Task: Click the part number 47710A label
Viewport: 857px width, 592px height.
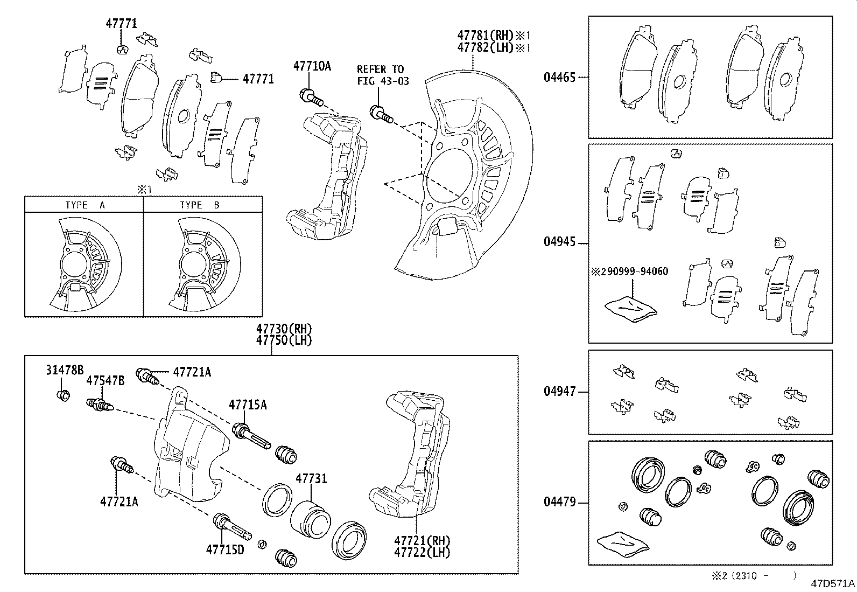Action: click(312, 66)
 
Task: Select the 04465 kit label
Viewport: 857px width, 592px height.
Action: click(559, 77)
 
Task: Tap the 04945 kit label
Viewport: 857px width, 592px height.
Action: click(559, 242)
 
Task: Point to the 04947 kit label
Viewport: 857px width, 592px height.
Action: click(559, 392)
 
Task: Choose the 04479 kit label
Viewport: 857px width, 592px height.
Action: click(559, 502)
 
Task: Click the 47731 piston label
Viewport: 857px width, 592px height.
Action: click(311, 478)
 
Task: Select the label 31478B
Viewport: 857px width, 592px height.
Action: click(65, 370)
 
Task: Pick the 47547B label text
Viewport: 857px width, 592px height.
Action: click(105, 381)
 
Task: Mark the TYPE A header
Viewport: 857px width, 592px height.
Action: click(85, 205)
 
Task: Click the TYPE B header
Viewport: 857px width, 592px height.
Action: click(200, 205)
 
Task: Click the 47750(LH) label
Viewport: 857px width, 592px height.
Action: click(284, 340)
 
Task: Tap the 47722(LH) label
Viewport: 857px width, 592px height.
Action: click(422, 552)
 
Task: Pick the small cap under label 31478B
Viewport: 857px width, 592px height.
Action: click(62, 395)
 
